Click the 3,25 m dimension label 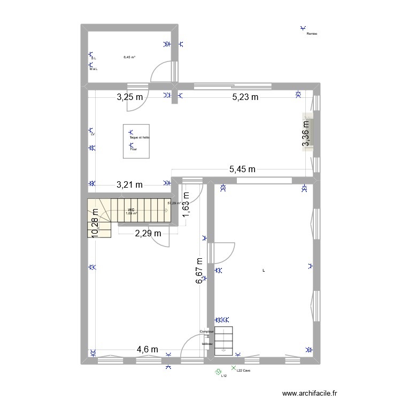tap(130, 97)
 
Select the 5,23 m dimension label tap(245, 97)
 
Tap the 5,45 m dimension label tap(242, 169)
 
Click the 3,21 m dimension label tap(129, 185)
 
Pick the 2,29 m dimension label tap(148, 233)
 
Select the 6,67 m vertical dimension tap(199, 271)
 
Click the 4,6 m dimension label tap(147, 349)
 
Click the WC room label tap(131, 210)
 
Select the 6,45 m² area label tap(129, 57)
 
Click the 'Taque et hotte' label tap(140, 137)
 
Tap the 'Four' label tap(134, 149)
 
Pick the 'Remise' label tap(312, 34)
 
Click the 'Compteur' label tap(206, 331)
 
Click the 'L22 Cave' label tap(243, 371)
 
